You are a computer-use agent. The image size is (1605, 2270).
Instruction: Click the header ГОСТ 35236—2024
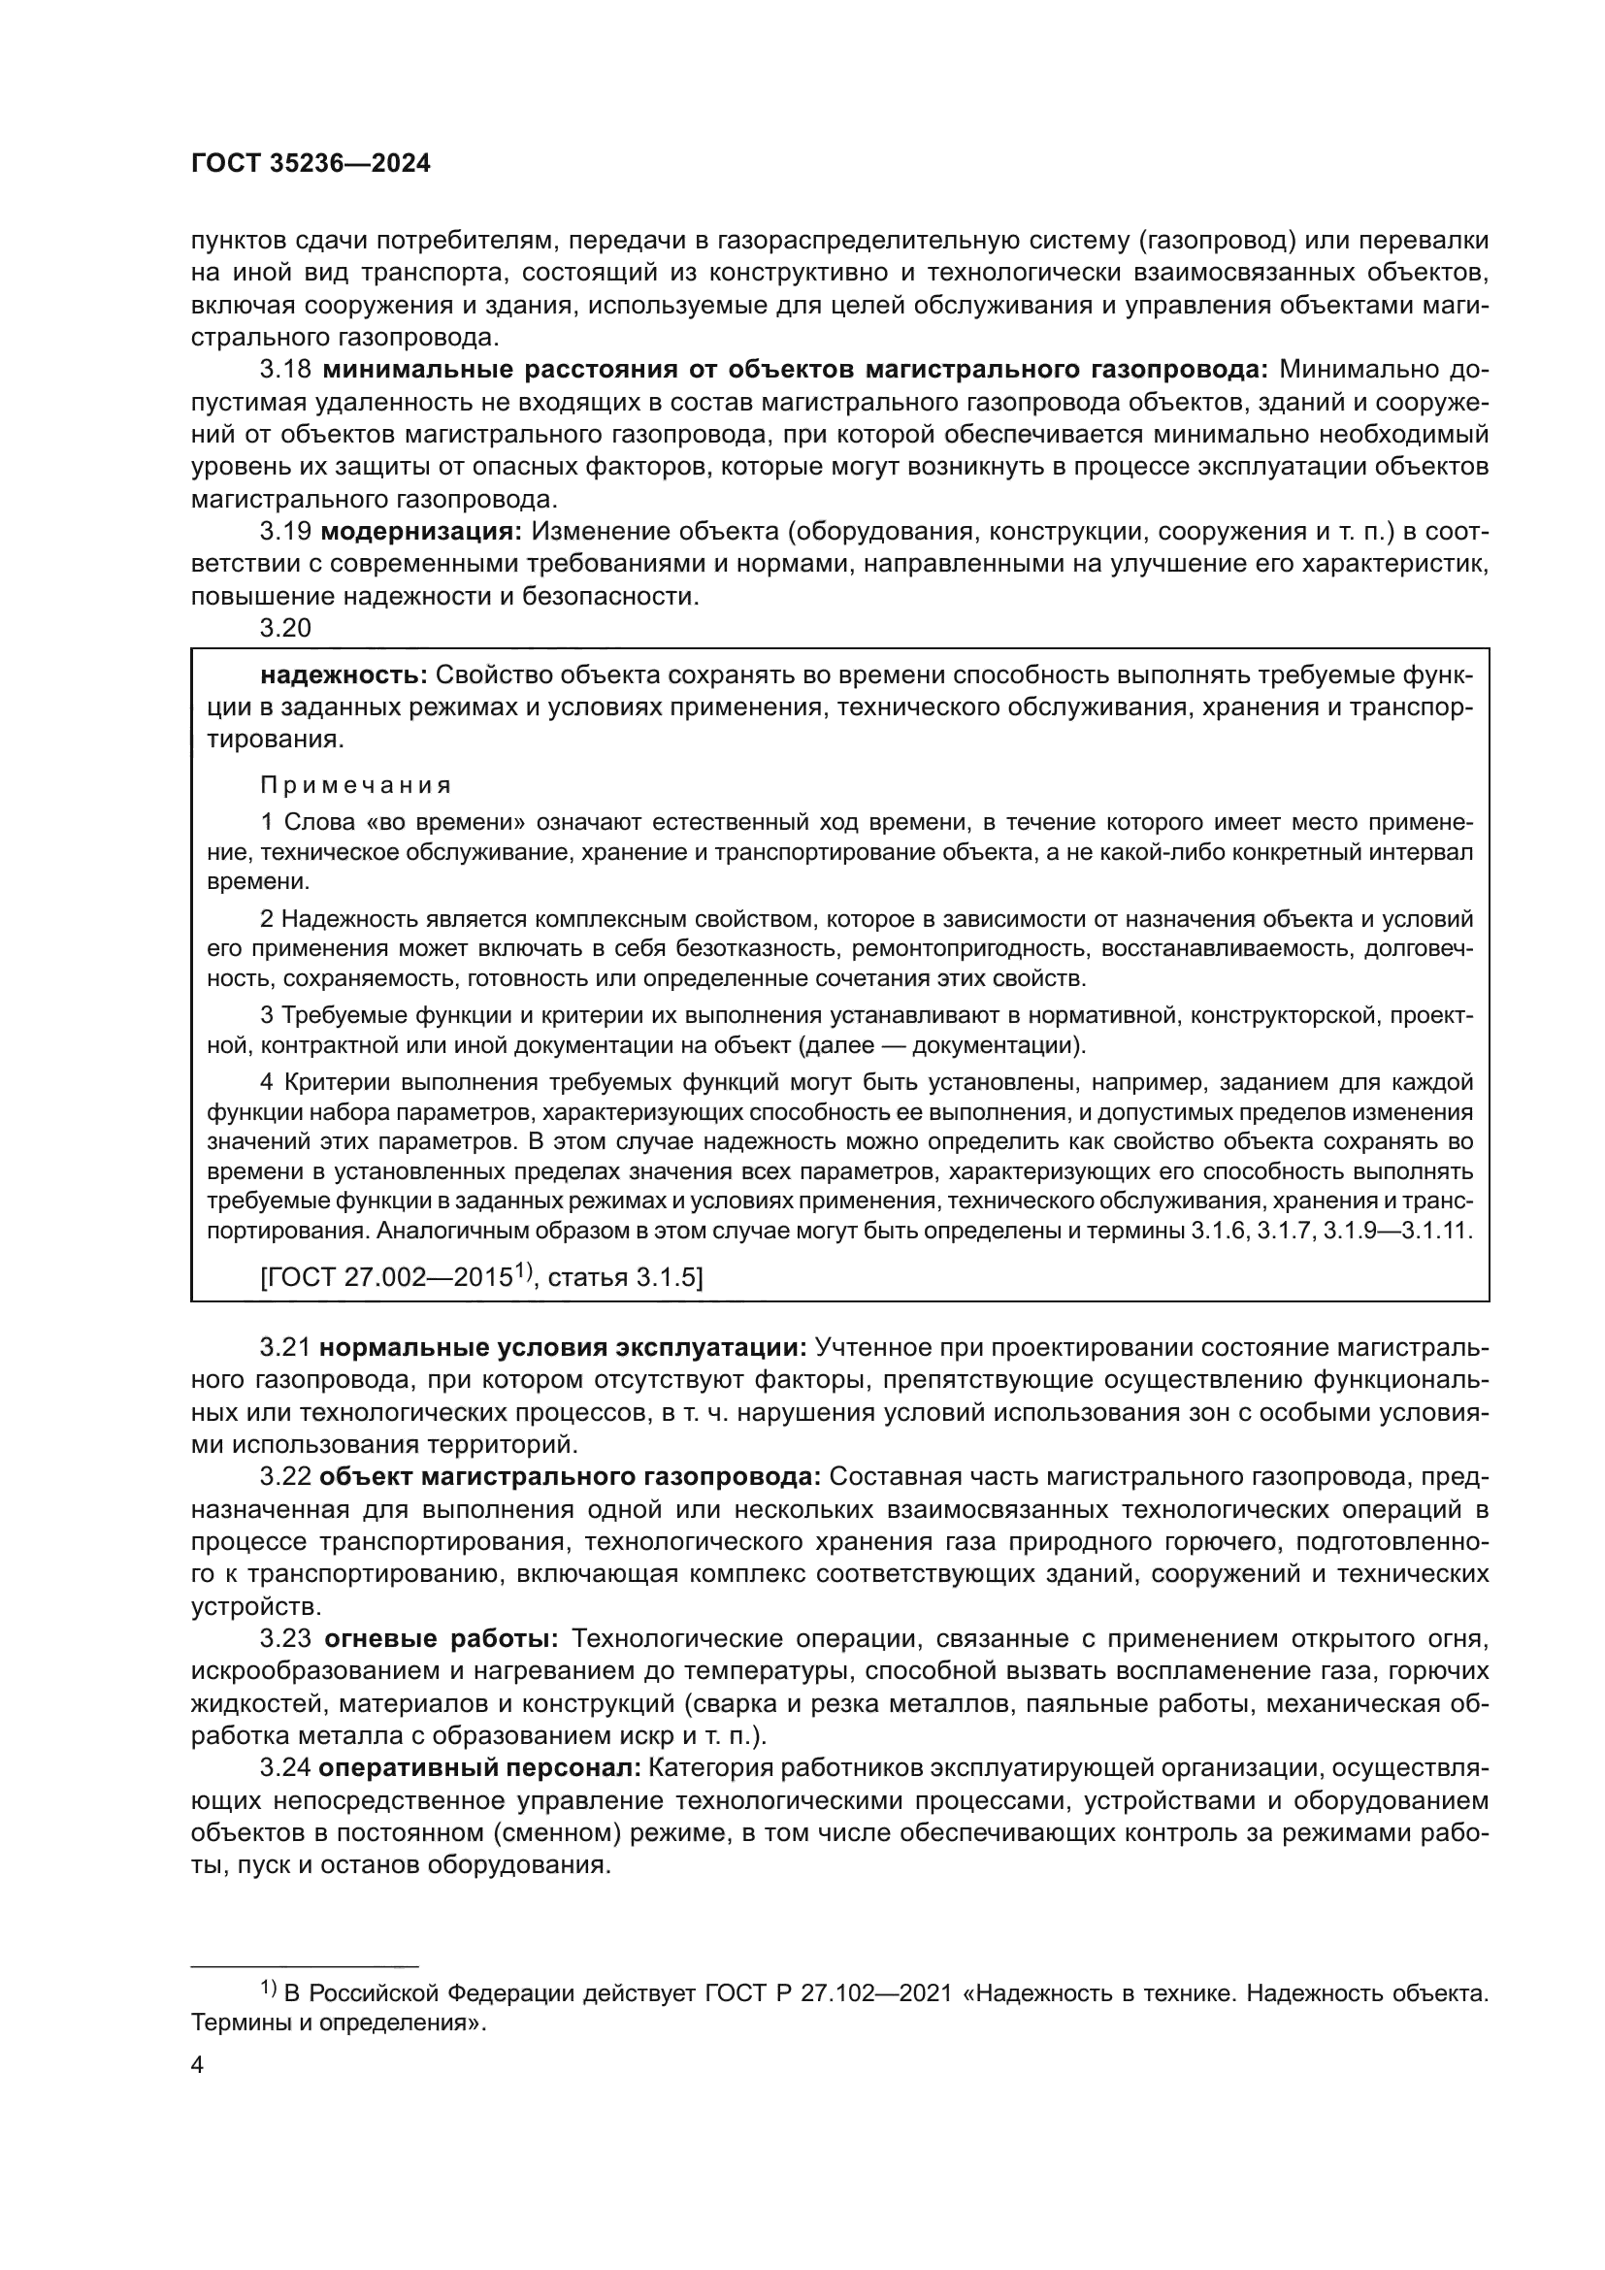(x=311, y=164)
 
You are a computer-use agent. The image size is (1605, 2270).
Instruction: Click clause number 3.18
(x=285, y=370)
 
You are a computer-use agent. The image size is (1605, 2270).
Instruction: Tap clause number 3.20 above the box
(x=285, y=628)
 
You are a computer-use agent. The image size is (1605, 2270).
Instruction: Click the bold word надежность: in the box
(x=343, y=675)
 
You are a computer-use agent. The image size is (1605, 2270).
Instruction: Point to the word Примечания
(x=356, y=786)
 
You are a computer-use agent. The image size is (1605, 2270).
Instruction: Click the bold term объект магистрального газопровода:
(x=572, y=1477)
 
